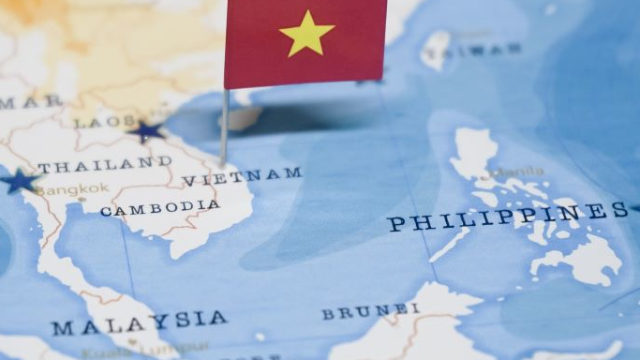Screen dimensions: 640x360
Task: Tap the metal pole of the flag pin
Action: click(224, 127)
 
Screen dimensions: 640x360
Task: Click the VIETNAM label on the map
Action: click(242, 176)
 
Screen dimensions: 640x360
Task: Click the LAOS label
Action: click(97, 122)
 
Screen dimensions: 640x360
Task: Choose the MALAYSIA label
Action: click(139, 322)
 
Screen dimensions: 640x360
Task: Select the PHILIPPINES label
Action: click(507, 217)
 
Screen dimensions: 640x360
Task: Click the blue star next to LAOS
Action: click(146, 131)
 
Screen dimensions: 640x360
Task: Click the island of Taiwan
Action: click(437, 50)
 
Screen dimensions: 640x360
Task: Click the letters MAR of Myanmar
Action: click(19, 101)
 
